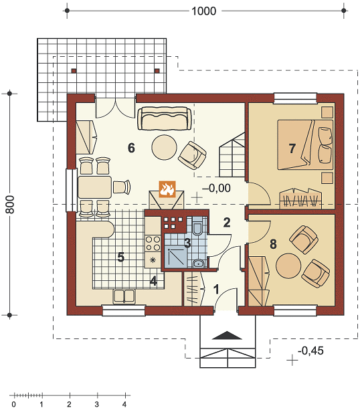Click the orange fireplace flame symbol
[x=167, y=189]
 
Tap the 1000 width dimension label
[x=204, y=11]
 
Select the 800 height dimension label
[x=10, y=204]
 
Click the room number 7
[x=292, y=148]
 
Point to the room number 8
[x=273, y=244]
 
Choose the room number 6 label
[x=131, y=148]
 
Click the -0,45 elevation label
[x=310, y=350]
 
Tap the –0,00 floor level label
[x=216, y=188]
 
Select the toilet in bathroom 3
[x=197, y=227]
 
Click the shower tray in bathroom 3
[x=175, y=258]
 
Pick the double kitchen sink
[x=124, y=296]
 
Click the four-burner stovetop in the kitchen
[x=153, y=243]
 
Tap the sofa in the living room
[x=165, y=118]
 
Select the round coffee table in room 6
[x=165, y=147]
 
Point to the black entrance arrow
[x=227, y=335]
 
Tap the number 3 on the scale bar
[x=97, y=404]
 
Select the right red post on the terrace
[x=157, y=71]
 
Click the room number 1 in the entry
[x=216, y=289]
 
